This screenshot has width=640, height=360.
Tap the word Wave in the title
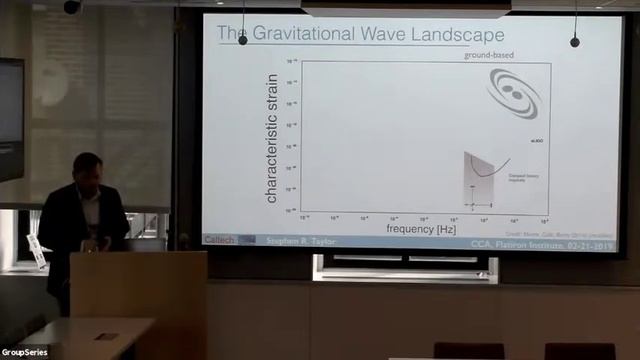(x=393, y=35)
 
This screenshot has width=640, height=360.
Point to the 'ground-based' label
(x=489, y=55)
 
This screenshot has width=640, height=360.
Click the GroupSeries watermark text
(x=27, y=352)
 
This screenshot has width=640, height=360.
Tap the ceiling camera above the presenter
(x=72, y=7)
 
